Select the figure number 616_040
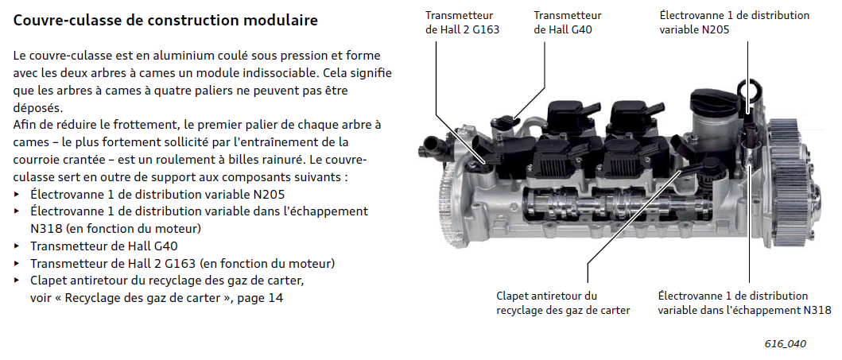click(x=786, y=344)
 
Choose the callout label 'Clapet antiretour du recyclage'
click(x=563, y=303)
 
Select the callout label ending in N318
click(x=744, y=303)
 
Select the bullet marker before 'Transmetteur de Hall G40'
click(x=18, y=246)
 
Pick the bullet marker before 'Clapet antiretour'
click(x=18, y=281)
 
